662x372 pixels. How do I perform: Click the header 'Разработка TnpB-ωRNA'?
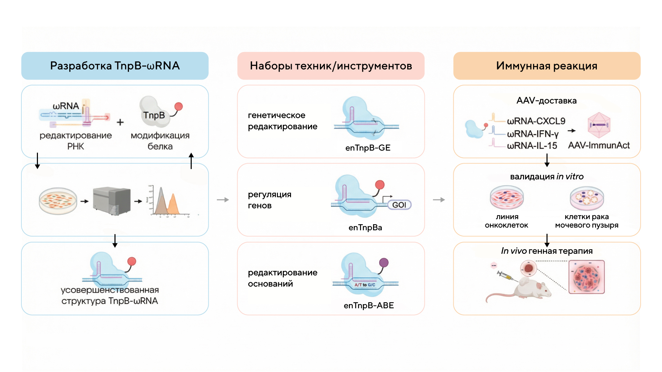pyautogui.click(x=115, y=66)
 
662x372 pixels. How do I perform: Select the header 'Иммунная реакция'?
pyautogui.click(x=546, y=66)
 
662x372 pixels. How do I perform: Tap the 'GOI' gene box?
pyautogui.click(x=399, y=205)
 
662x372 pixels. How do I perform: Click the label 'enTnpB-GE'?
pyautogui.click(x=368, y=148)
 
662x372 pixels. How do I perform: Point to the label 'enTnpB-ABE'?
pyautogui.click(x=369, y=306)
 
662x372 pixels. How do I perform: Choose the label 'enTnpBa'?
pyautogui.click(x=365, y=228)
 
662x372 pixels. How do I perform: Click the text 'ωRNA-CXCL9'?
pyautogui.click(x=536, y=121)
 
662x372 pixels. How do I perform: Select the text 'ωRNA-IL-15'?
pyautogui.click(x=532, y=146)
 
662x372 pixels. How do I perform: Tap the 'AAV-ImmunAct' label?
pyautogui.click(x=599, y=145)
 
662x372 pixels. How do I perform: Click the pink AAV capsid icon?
pyautogui.click(x=599, y=125)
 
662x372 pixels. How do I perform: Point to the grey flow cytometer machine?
pyautogui.click(x=112, y=200)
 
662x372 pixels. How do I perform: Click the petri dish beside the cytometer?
pyautogui.click(x=58, y=201)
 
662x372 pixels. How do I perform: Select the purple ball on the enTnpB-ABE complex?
pyautogui.click(x=384, y=263)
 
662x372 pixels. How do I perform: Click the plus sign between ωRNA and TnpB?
pyautogui.click(x=120, y=122)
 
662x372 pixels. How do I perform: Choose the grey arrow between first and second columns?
pyautogui.click(x=223, y=200)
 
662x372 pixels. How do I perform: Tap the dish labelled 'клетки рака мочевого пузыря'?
pyautogui.click(x=587, y=198)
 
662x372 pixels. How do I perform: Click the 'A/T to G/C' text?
pyautogui.click(x=365, y=285)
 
